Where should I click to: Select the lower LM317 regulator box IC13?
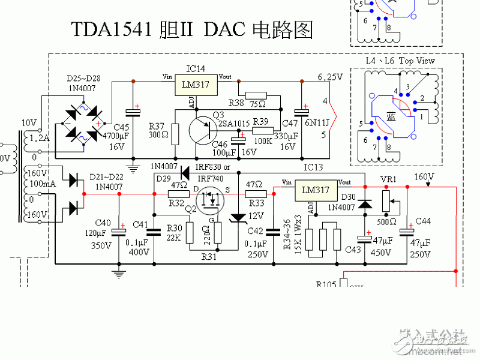[316, 190]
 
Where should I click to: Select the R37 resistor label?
[157, 126]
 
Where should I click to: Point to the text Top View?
[418, 61]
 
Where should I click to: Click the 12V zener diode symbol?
[240, 216]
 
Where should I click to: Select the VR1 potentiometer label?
[389, 178]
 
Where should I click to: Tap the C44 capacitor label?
[422, 221]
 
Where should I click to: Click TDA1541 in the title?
[110, 29]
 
